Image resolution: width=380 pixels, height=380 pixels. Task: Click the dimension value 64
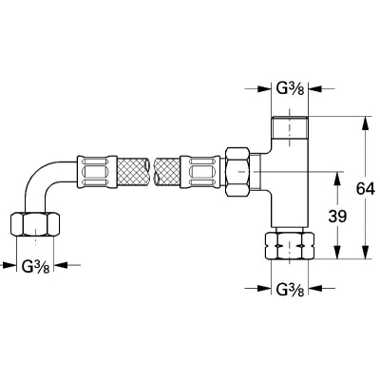(x=365, y=189)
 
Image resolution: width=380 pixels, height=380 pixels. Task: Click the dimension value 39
(x=337, y=217)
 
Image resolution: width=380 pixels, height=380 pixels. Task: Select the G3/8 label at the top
(x=291, y=89)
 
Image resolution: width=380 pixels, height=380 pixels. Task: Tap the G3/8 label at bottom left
(x=35, y=266)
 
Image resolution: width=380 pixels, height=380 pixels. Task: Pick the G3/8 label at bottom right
(x=291, y=289)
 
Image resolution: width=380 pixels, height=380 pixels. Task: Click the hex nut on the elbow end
(x=35, y=224)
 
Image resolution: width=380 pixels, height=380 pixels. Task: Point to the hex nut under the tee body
(x=290, y=246)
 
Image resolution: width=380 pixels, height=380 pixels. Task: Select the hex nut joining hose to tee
(x=237, y=172)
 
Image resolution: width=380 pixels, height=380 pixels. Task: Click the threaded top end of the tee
(x=290, y=127)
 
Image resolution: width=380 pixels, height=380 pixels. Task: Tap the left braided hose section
(x=133, y=172)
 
